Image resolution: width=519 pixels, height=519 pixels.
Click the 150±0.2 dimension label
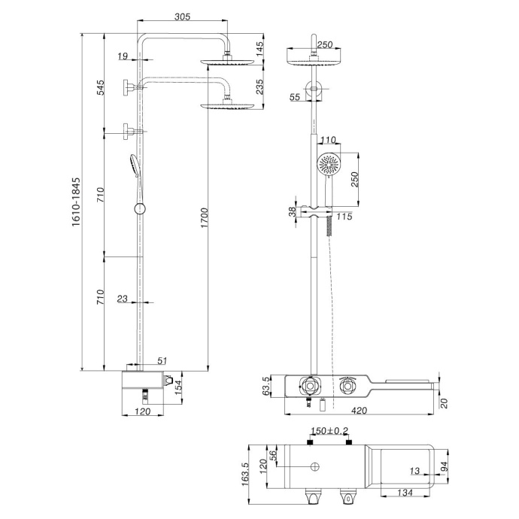pyautogui.click(x=328, y=431)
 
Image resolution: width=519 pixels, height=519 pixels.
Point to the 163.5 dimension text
pyautogui.click(x=245, y=475)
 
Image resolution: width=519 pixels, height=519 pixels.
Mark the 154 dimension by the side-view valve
pyautogui.click(x=179, y=387)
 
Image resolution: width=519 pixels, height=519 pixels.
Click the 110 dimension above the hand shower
pyautogui.click(x=328, y=141)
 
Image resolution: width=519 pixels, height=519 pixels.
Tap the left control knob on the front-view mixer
pyautogui.click(x=310, y=385)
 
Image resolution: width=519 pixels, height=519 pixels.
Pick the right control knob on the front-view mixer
pyautogui.click(x=348, y=385)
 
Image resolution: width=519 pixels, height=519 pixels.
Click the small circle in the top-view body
pyautogui.click(x=310, y=468)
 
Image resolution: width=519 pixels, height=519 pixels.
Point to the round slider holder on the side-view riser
pyautogui.click(x=138, y=208)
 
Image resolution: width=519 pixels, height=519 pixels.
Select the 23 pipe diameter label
pyautogui.click(x=123, y=299)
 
